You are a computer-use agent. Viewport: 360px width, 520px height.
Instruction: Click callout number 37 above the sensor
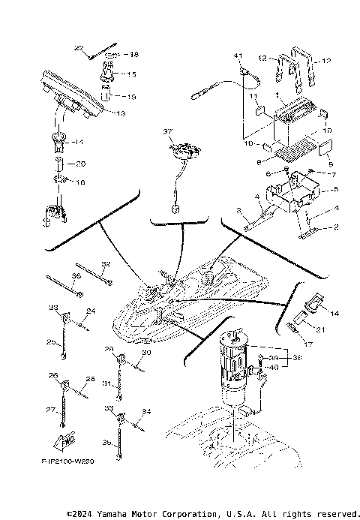pyautogui.click(x=169, y=131)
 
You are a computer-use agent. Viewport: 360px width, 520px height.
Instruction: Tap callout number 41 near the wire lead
pyautogui.click(x=239, y=57)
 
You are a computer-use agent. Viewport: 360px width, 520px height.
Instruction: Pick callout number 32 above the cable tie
pyautogui.click(x=106, y=264)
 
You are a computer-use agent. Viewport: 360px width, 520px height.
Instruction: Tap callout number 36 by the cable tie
pyautogui.click(x=76, y=275)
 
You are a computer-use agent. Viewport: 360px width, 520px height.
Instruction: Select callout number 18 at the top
pyautogui.click(x=134, y=55)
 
